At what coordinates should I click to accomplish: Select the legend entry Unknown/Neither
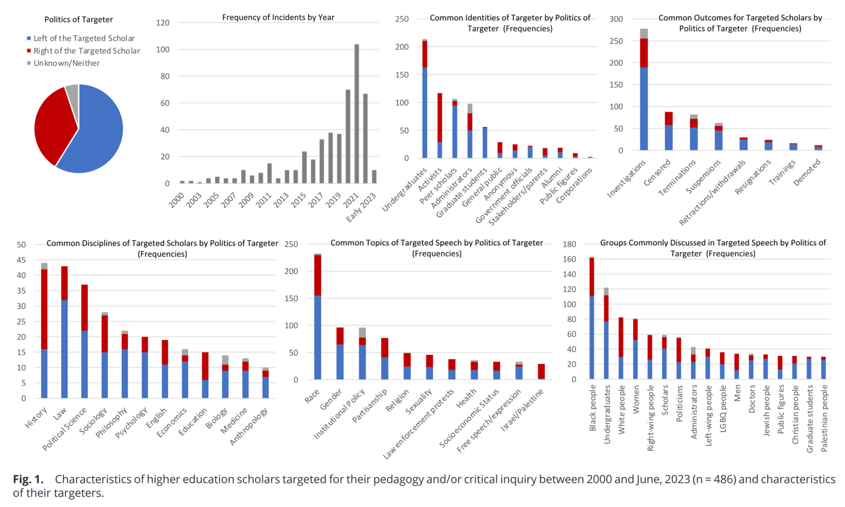pos(66,63)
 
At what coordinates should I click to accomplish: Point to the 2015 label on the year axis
pos(298,200)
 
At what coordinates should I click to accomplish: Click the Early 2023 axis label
pos(361,207)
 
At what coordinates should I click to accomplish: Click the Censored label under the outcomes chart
pos(657,173)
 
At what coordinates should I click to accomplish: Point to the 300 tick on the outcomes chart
pos(616,19)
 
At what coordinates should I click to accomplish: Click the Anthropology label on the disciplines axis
pos(249,426)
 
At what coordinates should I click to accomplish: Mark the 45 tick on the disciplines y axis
pos(21,260)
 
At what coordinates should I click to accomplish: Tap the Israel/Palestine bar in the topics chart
pos(541,372)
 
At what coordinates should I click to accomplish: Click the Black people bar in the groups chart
pos(592,318)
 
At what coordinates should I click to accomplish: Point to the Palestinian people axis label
pos(824,418)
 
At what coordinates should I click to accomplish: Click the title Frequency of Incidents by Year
pos(278,17)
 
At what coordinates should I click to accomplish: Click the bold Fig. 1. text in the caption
pos(28,479)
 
